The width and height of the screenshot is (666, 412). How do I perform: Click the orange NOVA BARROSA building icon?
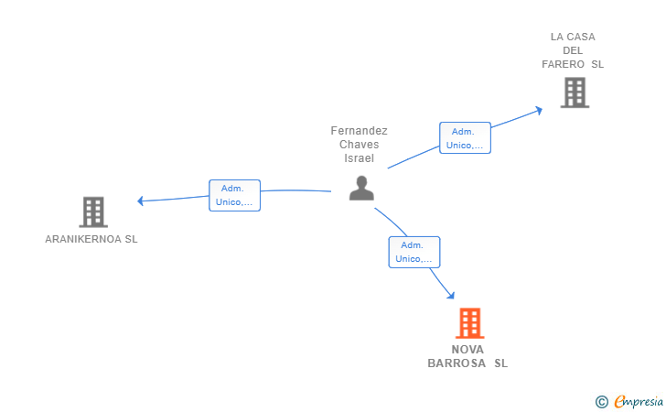click(x=470, y=323)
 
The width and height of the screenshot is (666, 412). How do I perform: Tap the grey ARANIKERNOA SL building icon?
click(x=93, y=211)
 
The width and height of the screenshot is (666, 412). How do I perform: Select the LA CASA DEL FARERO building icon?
click(x=575, y=92)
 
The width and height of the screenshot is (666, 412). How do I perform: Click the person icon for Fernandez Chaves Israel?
click(x=361, y=188)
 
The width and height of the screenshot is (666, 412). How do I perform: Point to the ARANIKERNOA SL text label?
click(x=91, y=239)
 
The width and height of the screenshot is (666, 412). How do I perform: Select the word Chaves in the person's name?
click(x=359, y=145)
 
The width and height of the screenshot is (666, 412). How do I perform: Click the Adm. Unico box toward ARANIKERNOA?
click(x=234, y=195)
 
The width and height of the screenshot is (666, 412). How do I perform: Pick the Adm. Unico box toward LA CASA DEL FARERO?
click(x=465, y=137)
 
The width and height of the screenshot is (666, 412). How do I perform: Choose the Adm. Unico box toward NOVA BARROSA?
click(x=414, y=252)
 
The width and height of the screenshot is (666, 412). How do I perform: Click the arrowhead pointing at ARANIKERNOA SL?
click(x=140, y=201)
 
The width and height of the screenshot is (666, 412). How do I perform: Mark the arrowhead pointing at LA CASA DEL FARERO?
click(x=539, y=111)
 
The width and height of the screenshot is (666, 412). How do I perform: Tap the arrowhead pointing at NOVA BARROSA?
click(x=451, y=295)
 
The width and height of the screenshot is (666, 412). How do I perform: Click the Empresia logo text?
click(x=639, y=401)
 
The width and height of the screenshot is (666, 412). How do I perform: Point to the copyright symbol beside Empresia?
click(x=601, y=402)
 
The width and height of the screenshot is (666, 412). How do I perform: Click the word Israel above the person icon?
click(x=359, y=158)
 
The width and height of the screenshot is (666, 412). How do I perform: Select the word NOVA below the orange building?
click(x=467, y=350)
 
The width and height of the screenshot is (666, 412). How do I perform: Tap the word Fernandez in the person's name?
click(x=359, y=131)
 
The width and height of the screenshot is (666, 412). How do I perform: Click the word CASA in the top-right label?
click(x=581, y=37)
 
